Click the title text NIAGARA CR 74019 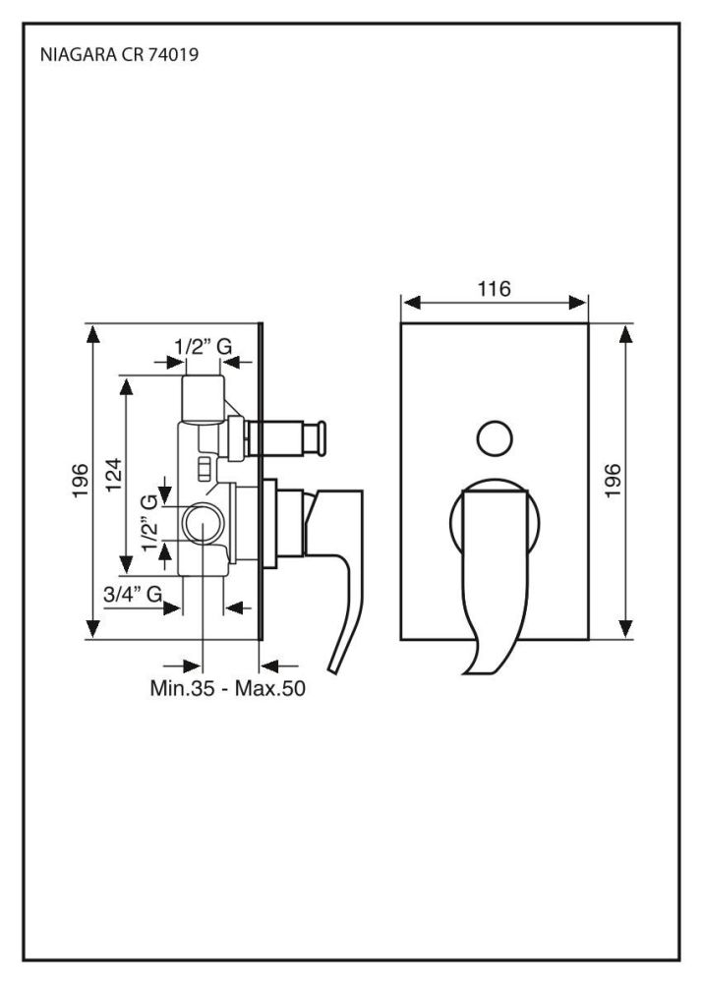[119, 54]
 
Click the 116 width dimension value [494, 289]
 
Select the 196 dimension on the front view [613, 481]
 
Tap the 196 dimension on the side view [81, 481]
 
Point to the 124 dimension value [113, 475]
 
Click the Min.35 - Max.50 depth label [227, 688]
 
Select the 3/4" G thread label [133, 594]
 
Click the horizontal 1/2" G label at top [204, 346]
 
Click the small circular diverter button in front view [495, 438]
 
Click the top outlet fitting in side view [203, 399]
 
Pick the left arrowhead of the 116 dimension [411, 304]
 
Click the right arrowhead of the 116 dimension [577, 304]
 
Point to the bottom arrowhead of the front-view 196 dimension [625, 628]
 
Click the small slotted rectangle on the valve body [205, 469]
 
